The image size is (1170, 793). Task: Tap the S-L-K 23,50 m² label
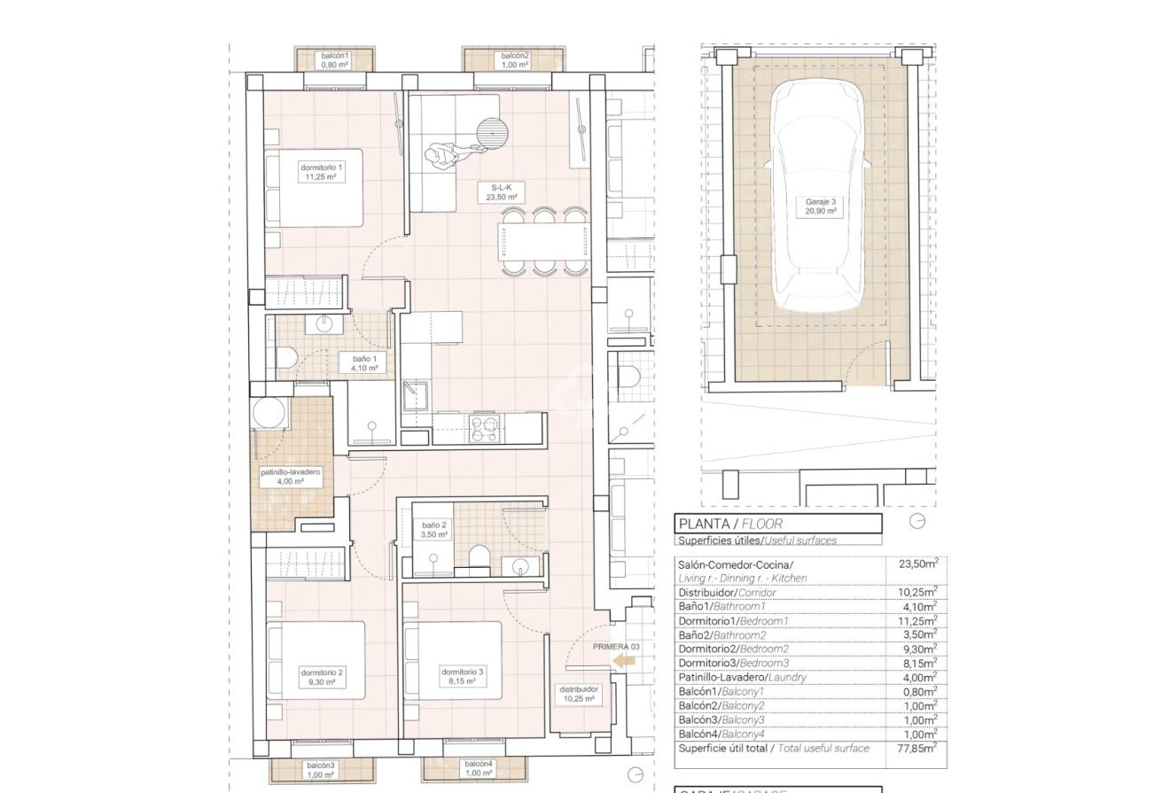502,192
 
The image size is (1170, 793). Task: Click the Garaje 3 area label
820,206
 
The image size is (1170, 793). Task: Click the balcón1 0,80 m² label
335,60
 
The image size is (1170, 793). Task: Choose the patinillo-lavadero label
291,477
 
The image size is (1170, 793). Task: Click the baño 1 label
364,362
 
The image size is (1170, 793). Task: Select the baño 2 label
434,530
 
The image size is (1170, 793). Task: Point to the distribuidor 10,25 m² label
578,693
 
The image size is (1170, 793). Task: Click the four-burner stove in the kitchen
484,428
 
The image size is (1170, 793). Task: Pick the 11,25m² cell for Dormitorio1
916,621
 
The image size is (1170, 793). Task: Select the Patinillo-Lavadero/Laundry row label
742,678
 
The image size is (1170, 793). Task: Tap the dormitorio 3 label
463,677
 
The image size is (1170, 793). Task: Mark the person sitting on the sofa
441,156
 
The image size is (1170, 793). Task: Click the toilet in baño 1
285,358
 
